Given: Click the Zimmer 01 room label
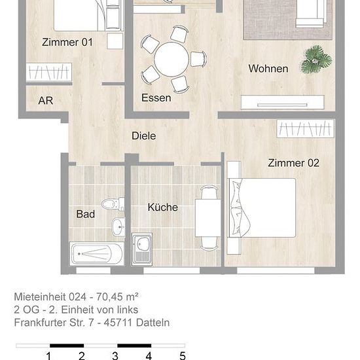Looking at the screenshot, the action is (x=67, y=43).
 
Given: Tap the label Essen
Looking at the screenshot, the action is (x=156, y=98).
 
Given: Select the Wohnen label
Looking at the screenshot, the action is (x=268, y=69).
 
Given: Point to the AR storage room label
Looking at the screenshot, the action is (x=45, y=101).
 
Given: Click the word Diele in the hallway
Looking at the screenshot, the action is (x=144, y=136).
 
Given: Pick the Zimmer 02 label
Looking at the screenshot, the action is (x=293, y=163).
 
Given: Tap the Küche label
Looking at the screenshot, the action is (x=162, y=207).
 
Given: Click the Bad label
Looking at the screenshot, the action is (x=85, y=214).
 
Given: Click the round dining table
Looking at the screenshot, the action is (x=171, y=60).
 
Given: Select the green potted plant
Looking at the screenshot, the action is (x=316, y=60).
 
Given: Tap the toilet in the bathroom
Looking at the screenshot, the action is (x=113, y=204).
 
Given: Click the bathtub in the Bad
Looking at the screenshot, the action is (x=97, y=254).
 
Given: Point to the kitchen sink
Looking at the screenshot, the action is (x=142, y=249).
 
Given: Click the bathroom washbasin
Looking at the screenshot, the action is (x=118, y=227).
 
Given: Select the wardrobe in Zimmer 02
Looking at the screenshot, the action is (x=306, y=128).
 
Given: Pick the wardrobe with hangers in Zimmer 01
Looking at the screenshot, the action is (x=49, y=72).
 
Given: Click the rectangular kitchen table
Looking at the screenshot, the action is (x=207, y=218).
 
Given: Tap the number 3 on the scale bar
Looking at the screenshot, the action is (x=115, y=355).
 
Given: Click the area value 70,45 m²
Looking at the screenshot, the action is (x=117, y=297).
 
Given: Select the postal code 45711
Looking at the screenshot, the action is (x=118, y=323).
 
